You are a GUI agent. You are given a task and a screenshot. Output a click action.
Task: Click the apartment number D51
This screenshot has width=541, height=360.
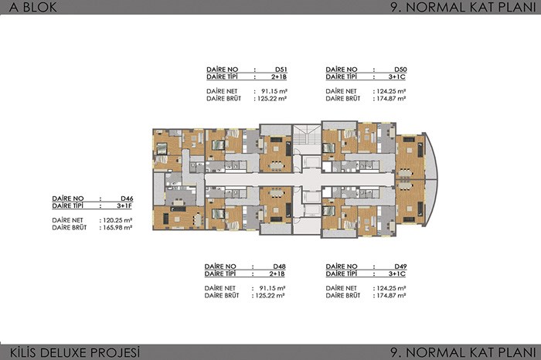(281, 70)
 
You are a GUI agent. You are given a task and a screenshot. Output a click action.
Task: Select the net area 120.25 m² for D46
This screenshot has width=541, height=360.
(117, 220)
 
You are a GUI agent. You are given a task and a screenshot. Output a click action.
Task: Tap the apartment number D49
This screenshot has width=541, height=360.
(400, 267)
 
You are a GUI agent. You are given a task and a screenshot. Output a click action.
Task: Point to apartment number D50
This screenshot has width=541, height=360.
(400, 70)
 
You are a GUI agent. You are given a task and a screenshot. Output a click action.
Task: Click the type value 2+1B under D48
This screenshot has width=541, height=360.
(277, 273)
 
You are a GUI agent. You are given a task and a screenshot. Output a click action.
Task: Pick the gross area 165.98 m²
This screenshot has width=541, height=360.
(117, 228)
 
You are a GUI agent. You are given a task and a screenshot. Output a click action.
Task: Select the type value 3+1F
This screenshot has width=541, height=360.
(124, 205)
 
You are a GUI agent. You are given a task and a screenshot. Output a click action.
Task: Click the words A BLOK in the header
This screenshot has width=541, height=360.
(33, 7)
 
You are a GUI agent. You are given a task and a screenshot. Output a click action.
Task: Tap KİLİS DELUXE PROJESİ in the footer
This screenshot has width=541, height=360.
(75, 352)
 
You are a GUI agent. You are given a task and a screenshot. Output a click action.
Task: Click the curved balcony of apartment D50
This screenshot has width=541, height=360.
(431, 156)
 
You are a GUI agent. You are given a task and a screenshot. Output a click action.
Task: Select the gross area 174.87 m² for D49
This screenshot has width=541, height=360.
(390, 296)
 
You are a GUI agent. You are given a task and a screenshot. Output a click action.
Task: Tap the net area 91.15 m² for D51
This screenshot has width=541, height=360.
(274, 91)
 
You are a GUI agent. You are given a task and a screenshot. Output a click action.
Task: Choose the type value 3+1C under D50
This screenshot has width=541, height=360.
(397, 77)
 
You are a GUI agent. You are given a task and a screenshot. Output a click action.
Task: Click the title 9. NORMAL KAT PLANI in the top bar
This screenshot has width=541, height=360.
(463, 7)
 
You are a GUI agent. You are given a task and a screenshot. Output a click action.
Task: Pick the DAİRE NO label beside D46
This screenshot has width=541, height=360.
(68, 199)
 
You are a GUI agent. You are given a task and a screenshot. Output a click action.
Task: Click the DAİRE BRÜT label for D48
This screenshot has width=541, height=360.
(222, 296)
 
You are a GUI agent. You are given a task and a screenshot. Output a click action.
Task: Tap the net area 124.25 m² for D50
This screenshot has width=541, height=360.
(390, 91)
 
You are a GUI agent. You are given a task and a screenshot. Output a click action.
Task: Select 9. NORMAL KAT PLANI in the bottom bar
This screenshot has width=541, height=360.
(463, 352)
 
